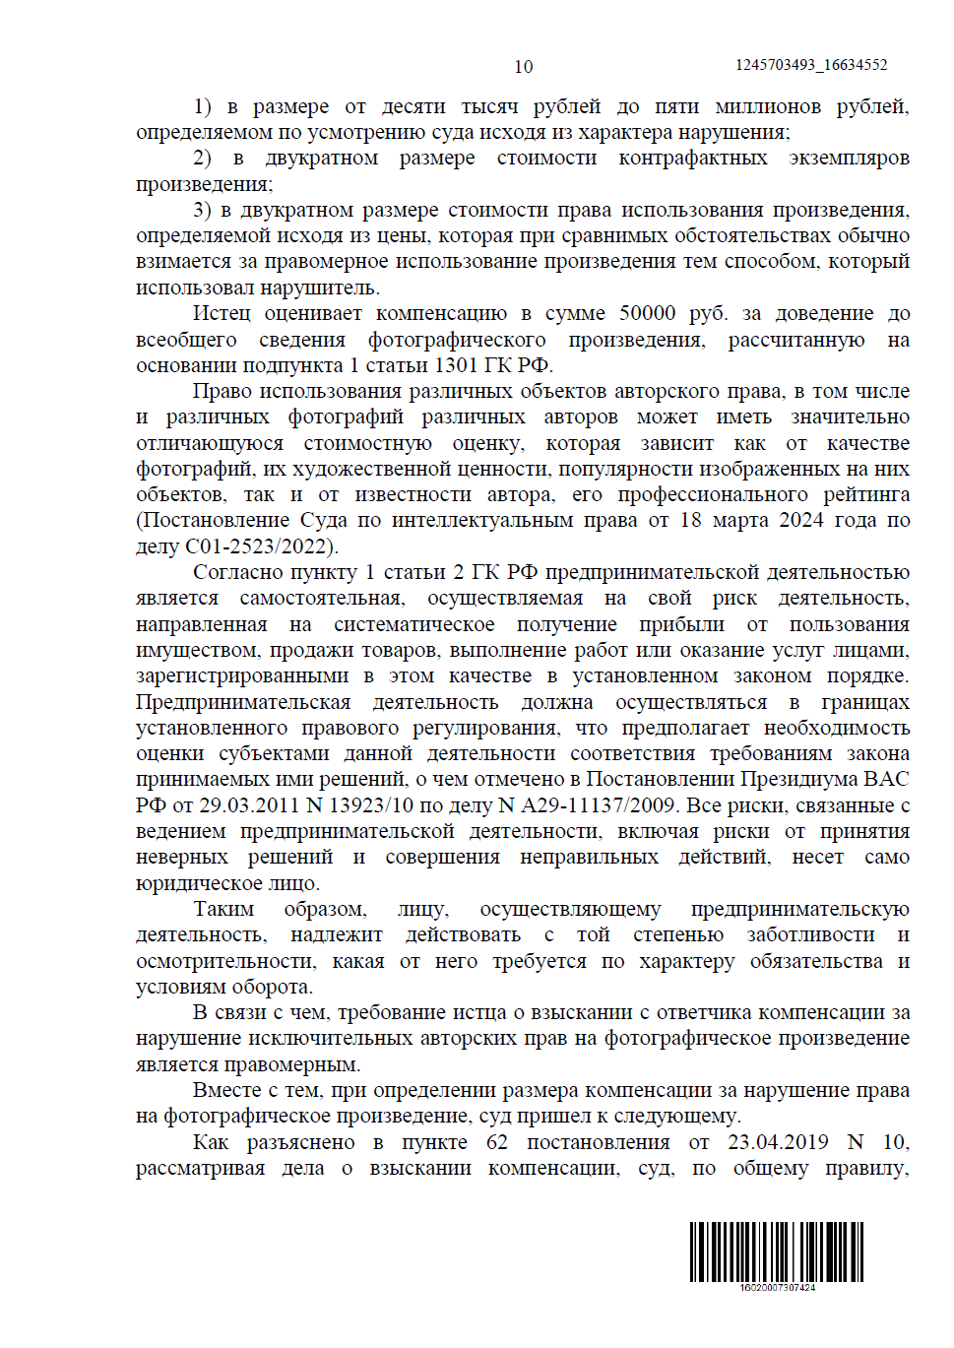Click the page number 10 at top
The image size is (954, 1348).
click(523, 66)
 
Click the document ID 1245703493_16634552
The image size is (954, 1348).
click(810, 65)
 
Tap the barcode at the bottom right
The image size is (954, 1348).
click(776, 1251)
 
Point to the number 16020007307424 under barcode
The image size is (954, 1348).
click(777, 1287)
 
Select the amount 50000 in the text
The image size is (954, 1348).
click(647, 313)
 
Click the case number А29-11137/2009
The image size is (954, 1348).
click(597, 805)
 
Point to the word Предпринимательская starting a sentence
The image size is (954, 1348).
click(243, 702)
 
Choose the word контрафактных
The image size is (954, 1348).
click(692, 158)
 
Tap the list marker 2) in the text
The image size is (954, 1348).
click(202, 158)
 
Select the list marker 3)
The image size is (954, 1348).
click(202, 210)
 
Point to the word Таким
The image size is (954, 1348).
click(223, 909)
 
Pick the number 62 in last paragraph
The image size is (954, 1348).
click(497, 1142)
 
